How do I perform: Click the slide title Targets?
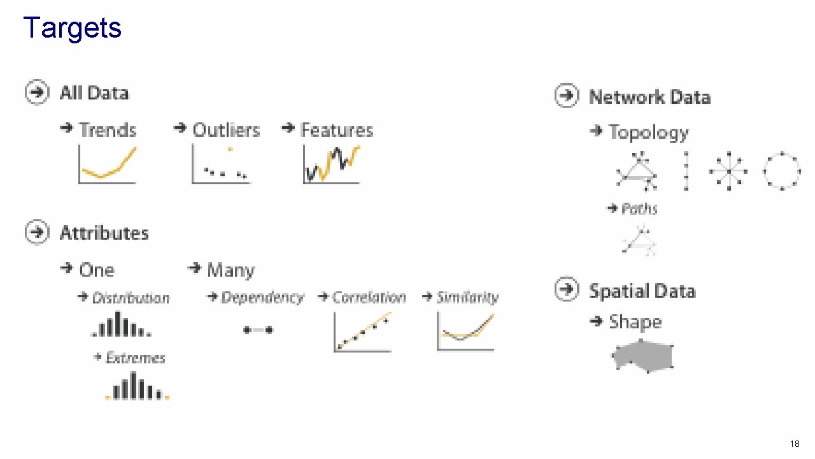coord(72,28)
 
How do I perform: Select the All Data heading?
coord(94,93)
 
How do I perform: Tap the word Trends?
coord(107,130)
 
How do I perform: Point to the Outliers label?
coord(225,130)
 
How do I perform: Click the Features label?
coord(336,130)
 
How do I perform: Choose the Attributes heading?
coord(104,233)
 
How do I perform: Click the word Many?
coord(230,270)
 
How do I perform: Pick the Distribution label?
coord(131,298)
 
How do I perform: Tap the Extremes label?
coord(135,358)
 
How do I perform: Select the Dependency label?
coord(262,298)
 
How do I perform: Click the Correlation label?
coord(369,298)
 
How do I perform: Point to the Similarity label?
coord(467,298)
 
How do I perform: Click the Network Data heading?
coord(649,97)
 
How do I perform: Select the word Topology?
coord(648,133)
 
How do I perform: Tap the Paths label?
coord(639,208)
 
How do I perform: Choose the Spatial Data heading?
coord(642,291)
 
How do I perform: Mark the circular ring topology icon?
coord(781,170)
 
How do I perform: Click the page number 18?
coord(794,444)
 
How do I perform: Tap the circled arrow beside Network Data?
coord(567,96)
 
